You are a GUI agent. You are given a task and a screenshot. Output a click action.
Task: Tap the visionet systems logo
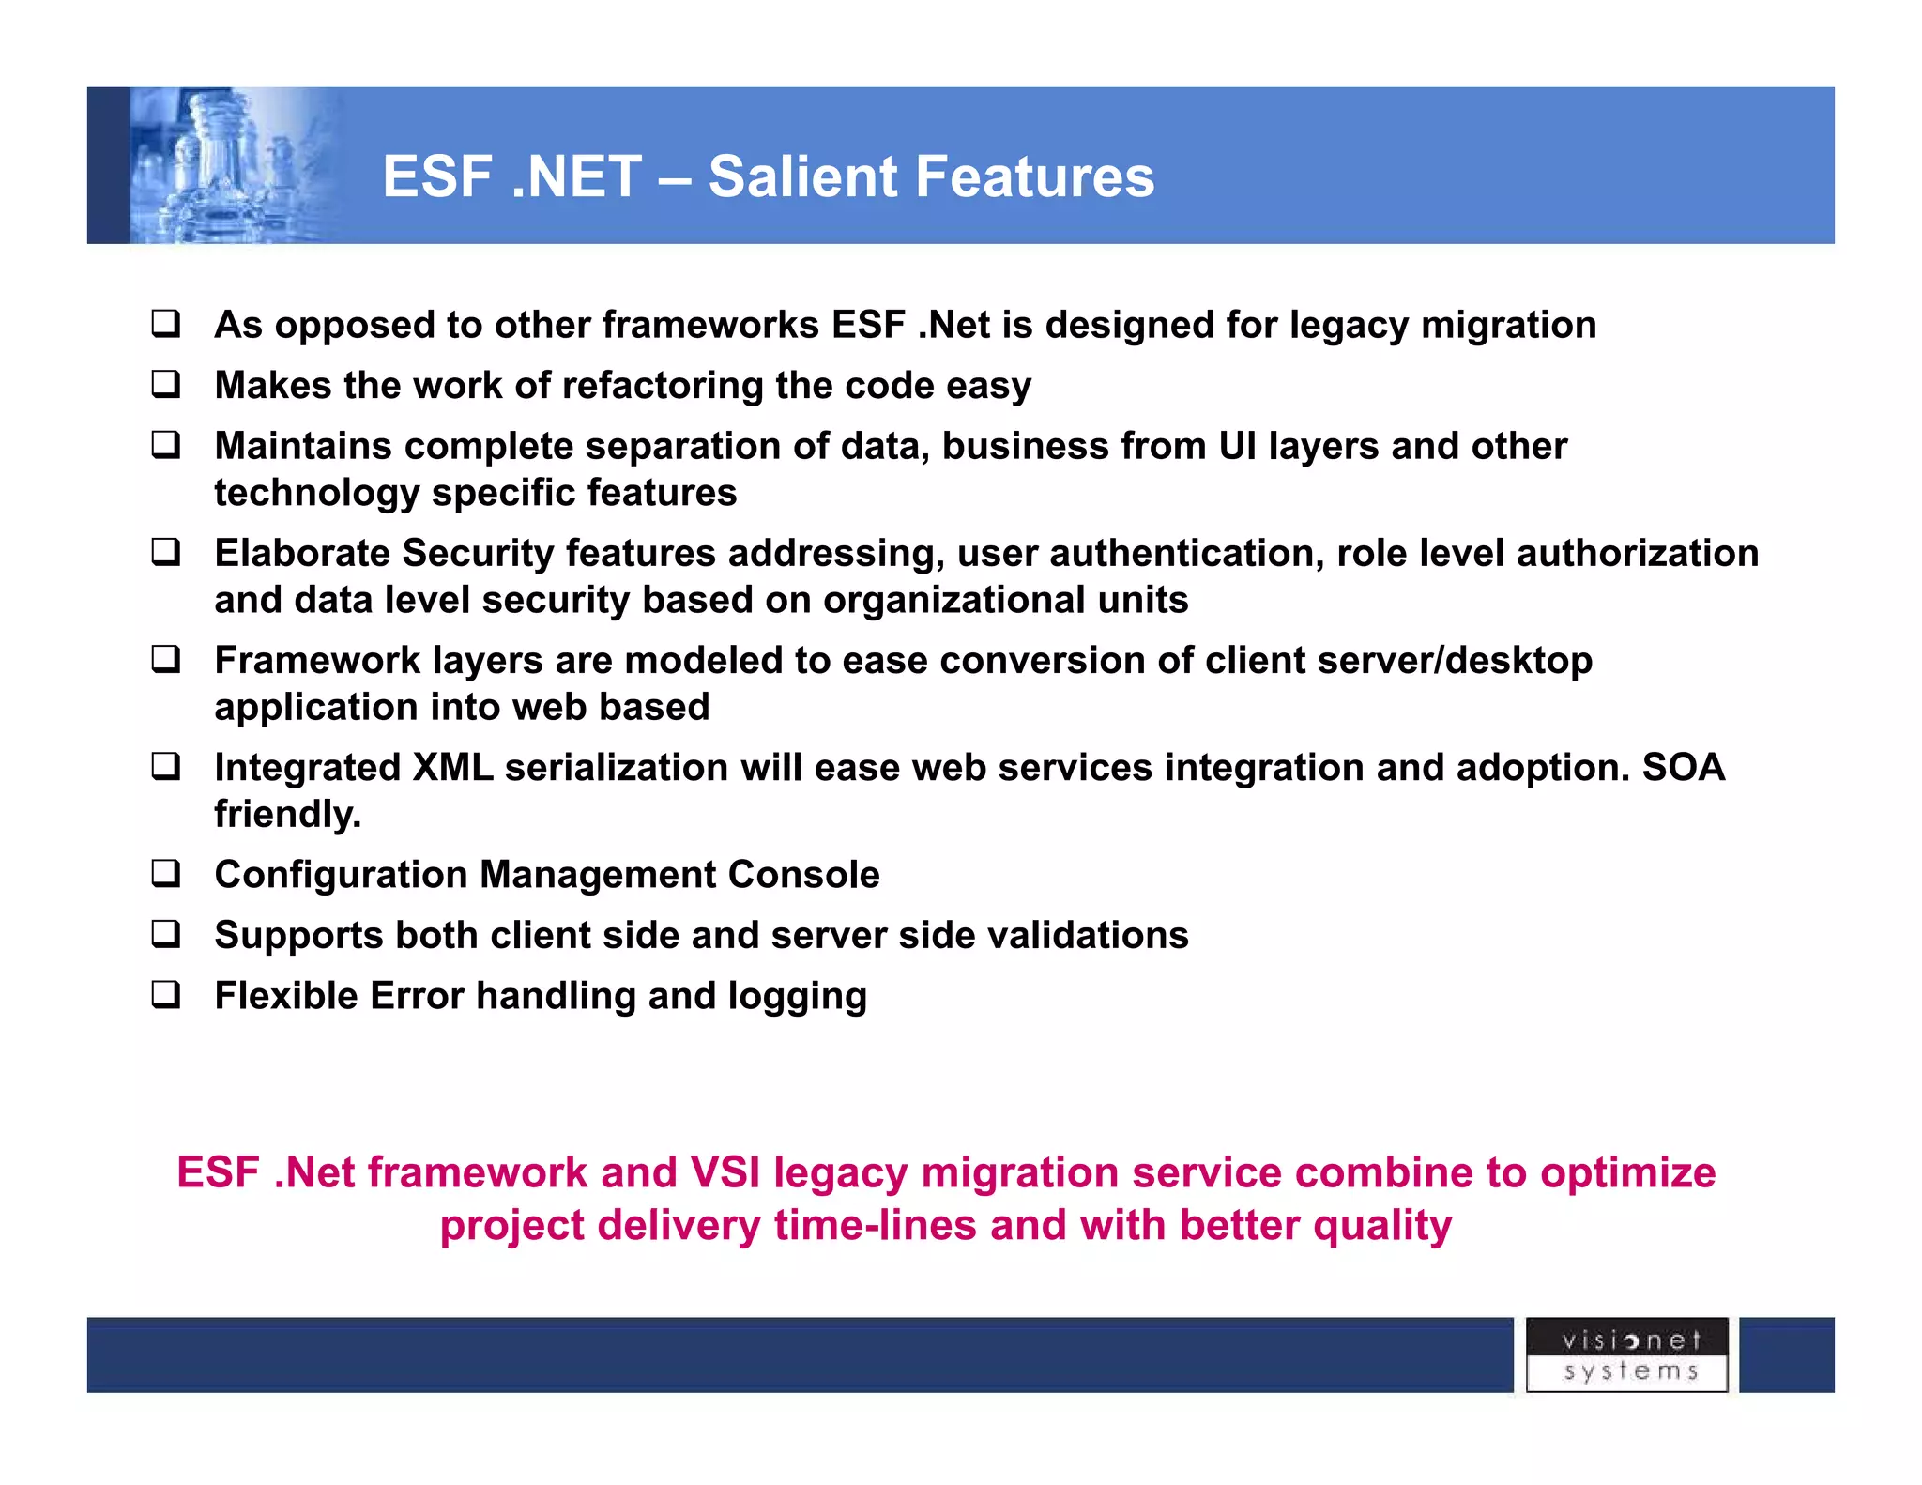point(1626,1355)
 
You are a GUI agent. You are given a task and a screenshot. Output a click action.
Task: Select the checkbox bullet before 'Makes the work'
point(166,384)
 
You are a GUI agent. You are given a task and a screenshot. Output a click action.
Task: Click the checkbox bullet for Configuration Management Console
point(166,874)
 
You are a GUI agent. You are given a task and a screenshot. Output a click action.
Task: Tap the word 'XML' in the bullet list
point(452,767)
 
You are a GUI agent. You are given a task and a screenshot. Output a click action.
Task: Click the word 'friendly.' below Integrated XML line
point(287,814)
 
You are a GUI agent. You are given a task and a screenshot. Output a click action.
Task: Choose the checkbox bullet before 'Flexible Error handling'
point(166,995)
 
